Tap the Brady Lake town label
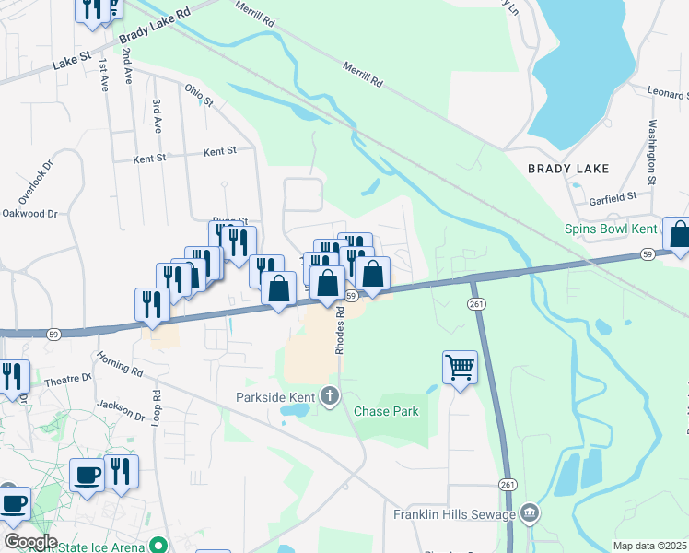pyautogui.click(x=568, y=169)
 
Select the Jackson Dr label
pyautogui.click(x=121, y=405)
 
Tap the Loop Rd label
pyautogui.click(x=157, y=406)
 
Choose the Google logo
pyautogui.click(x=30, y=542)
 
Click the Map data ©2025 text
pyautogui.click(x=649, y=546)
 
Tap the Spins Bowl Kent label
pyautogui.click(x=612, y=228)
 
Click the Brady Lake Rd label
pyautogui.click(x=154, y=26)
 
